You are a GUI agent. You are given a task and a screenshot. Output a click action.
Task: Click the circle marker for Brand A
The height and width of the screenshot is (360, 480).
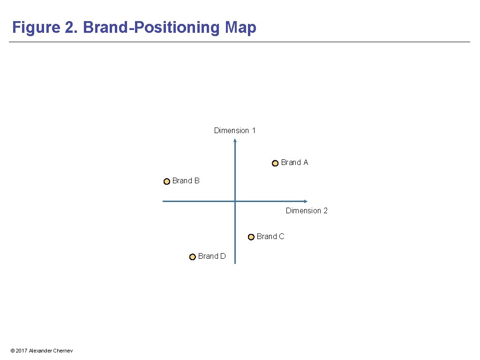(x=275, y=163)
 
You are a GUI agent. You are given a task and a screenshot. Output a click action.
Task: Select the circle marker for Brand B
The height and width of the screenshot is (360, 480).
(x=167, y=181)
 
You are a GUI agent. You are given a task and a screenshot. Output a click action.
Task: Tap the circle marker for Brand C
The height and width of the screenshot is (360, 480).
(x=251, y=237)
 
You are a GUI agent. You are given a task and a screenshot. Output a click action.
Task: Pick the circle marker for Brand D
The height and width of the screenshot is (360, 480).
(x=193, y=257)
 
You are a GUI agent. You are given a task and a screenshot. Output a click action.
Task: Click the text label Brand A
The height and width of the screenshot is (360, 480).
(x=294, y=162)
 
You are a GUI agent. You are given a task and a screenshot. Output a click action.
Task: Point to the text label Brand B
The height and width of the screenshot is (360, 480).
(x=186, y=180)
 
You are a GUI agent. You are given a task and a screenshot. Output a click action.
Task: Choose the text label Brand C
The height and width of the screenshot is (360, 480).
(x=270, y=236)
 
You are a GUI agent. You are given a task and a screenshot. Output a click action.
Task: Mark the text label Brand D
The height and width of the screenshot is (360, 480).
(x=212, y=256)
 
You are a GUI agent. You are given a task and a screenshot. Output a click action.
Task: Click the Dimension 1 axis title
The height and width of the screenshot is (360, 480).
(x=235, y=130)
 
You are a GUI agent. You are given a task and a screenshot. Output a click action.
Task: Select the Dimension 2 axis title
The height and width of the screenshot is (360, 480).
(x=307, y=210)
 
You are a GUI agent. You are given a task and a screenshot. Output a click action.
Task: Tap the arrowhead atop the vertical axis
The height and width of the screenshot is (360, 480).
(x=235, y=140)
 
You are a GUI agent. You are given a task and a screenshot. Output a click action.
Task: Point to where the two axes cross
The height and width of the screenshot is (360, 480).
(x=235, y=201)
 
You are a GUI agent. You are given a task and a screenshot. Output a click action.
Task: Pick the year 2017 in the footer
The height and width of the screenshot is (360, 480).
(x=21, y=351)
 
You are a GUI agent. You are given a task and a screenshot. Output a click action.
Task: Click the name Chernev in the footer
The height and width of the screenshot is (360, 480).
(x=63, y=351)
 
